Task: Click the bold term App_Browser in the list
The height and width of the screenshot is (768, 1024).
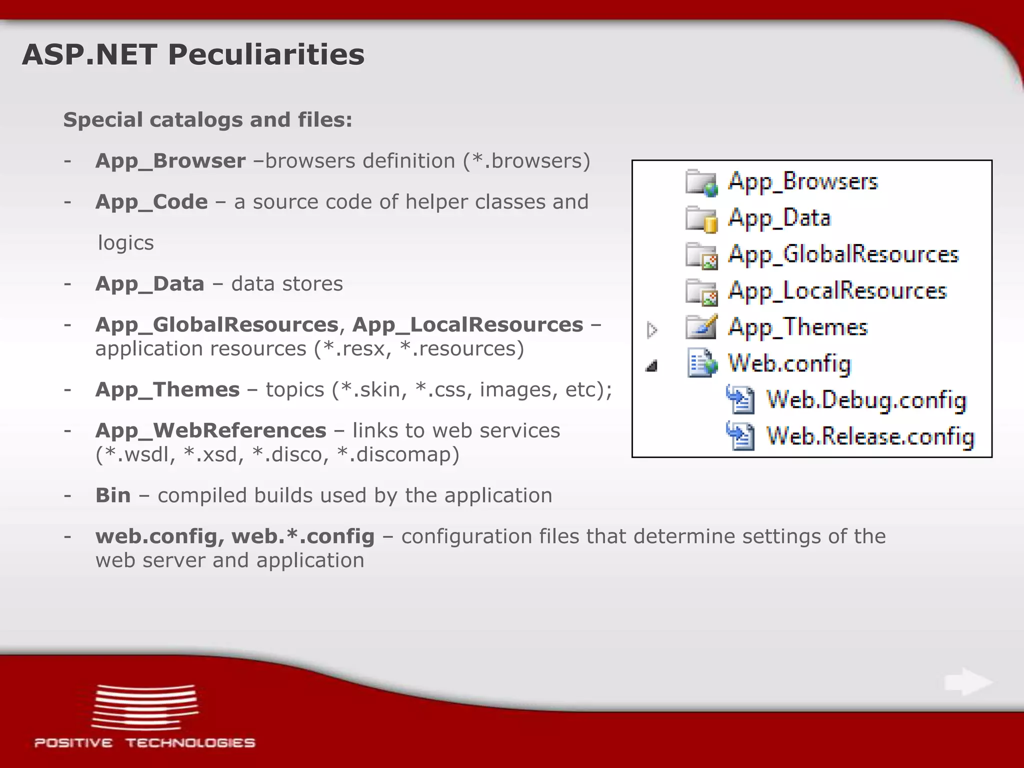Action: [170, 161]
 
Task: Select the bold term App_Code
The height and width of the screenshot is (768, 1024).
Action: [151, 202]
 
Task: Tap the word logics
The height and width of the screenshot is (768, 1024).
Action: [125, 243]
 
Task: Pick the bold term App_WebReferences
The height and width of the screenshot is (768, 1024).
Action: [210, 430]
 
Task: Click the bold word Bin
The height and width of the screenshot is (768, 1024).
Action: [113, 495]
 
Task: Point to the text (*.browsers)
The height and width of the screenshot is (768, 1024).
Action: [526, 161]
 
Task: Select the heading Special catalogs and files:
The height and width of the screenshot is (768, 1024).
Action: [207, 120]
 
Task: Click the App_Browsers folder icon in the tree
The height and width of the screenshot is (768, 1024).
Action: [701, 182]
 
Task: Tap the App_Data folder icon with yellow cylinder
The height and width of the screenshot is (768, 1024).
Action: [701, 219]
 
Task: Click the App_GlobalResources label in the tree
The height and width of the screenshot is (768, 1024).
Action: [843, 254]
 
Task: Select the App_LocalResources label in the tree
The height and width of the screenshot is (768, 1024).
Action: [837, 291]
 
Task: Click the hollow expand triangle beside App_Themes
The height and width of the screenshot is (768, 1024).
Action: [651, 330]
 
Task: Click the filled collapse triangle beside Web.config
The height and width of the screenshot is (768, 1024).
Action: [651, 366]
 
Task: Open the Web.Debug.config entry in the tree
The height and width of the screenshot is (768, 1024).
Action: [866, 400]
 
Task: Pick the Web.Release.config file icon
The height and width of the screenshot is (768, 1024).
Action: [740, 436]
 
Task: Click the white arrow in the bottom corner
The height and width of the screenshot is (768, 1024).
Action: [968, 681]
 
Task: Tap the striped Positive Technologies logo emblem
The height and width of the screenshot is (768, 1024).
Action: [145, 706]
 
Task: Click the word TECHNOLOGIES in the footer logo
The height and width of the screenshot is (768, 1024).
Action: [190, 743]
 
